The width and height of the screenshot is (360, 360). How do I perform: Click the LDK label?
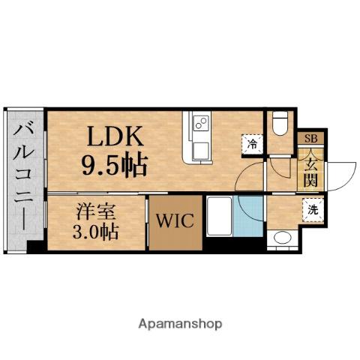point(116,137)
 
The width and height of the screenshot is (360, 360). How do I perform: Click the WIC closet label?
point(175,222)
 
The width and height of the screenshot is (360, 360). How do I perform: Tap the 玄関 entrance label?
point(310,169)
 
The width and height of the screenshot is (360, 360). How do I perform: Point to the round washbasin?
point(283,239)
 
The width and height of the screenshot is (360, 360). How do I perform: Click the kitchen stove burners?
point(201,124)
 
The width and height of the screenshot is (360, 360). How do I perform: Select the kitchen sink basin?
point(201,148)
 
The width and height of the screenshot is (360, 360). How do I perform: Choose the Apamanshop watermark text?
point(179,324)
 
